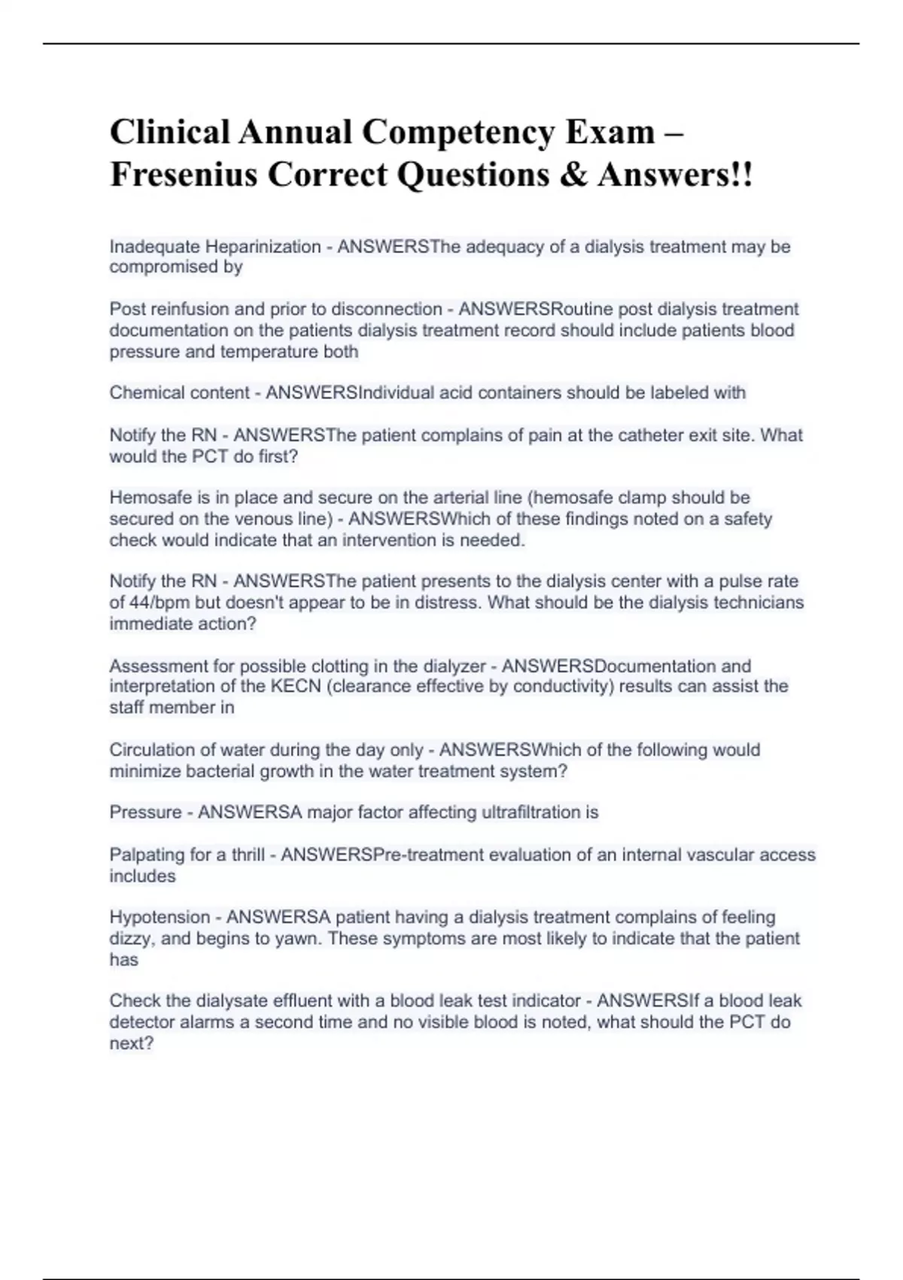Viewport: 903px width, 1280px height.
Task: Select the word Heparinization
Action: (263, 246)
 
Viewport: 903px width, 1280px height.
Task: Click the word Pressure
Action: (145, 812)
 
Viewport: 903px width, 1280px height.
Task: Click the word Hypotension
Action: (160, 917)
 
